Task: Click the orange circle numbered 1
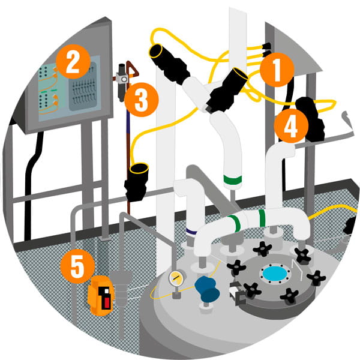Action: (x=277, y=70)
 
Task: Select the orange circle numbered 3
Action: (x=142, y=101)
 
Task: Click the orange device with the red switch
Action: (x=101, y=293)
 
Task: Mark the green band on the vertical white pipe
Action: (x=232, y=179)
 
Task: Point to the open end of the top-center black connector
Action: (x=239, y=76)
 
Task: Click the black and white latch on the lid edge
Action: (x=236, y=293)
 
